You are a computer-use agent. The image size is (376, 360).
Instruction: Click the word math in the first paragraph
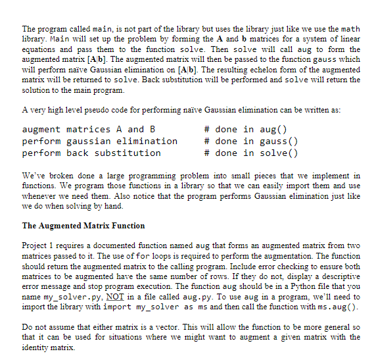348,29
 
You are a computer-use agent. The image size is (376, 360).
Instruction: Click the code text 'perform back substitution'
91,153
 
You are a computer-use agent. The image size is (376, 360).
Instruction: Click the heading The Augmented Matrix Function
83,226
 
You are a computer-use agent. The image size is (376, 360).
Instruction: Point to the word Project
35,246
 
